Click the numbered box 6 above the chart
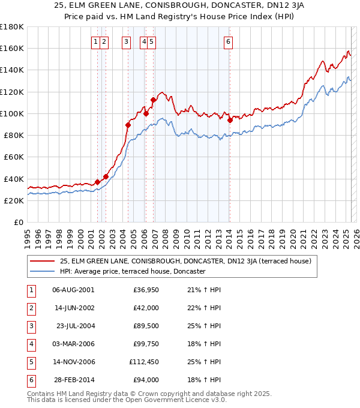tap(229, 41)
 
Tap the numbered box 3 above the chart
tap(127, 41)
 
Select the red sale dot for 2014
tap(230, 120)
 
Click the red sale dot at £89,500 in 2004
tap(128, 125)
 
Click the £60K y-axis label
tap(14, 157)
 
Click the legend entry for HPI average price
tap(133, 272)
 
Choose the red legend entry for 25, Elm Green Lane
tap(185, 261)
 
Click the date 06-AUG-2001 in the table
tap(73, 290)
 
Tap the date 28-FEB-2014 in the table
tap(73, 380)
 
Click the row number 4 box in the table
tap(30, 344)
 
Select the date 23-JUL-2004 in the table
tap(74, 326)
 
